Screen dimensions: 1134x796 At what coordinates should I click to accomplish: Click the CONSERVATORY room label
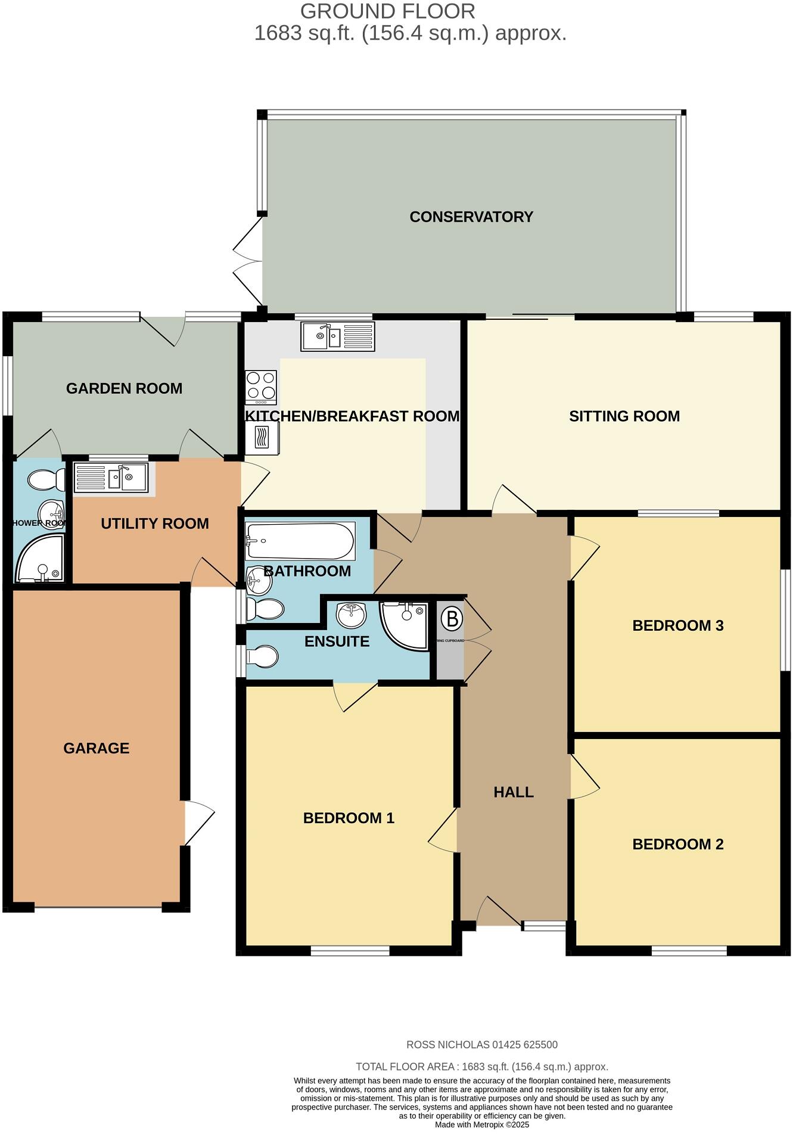[x=471, y=217]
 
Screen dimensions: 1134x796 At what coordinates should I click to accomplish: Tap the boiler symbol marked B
[x=452, y=619]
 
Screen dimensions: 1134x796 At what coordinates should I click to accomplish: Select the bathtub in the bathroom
[x=300, y=541]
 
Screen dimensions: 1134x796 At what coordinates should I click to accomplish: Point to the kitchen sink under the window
[x=337, y=337]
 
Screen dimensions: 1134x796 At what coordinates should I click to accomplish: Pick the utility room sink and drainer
[x=111, y=478]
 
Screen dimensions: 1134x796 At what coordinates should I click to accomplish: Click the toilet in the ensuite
[x=263, y=658]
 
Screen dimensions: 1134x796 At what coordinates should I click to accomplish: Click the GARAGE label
[x=97, y=748]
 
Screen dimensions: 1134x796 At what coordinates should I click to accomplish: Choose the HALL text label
[x=514, y=792]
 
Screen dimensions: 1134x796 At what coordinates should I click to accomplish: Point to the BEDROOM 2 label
[x=677, y=844]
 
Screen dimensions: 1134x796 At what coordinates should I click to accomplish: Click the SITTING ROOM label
[x=624, y=416]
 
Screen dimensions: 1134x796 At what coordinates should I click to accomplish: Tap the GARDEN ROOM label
[x=124, y=388]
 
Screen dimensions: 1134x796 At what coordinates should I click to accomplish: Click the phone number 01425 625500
[x=525, y=1045]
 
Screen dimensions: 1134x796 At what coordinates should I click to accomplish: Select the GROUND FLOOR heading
[x=387, y=11]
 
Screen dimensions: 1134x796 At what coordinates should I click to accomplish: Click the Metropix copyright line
[x=481, y=1125]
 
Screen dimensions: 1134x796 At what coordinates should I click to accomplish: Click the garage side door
[x=199, y=823]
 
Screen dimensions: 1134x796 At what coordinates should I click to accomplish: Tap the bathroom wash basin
[x=259, y=580]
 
